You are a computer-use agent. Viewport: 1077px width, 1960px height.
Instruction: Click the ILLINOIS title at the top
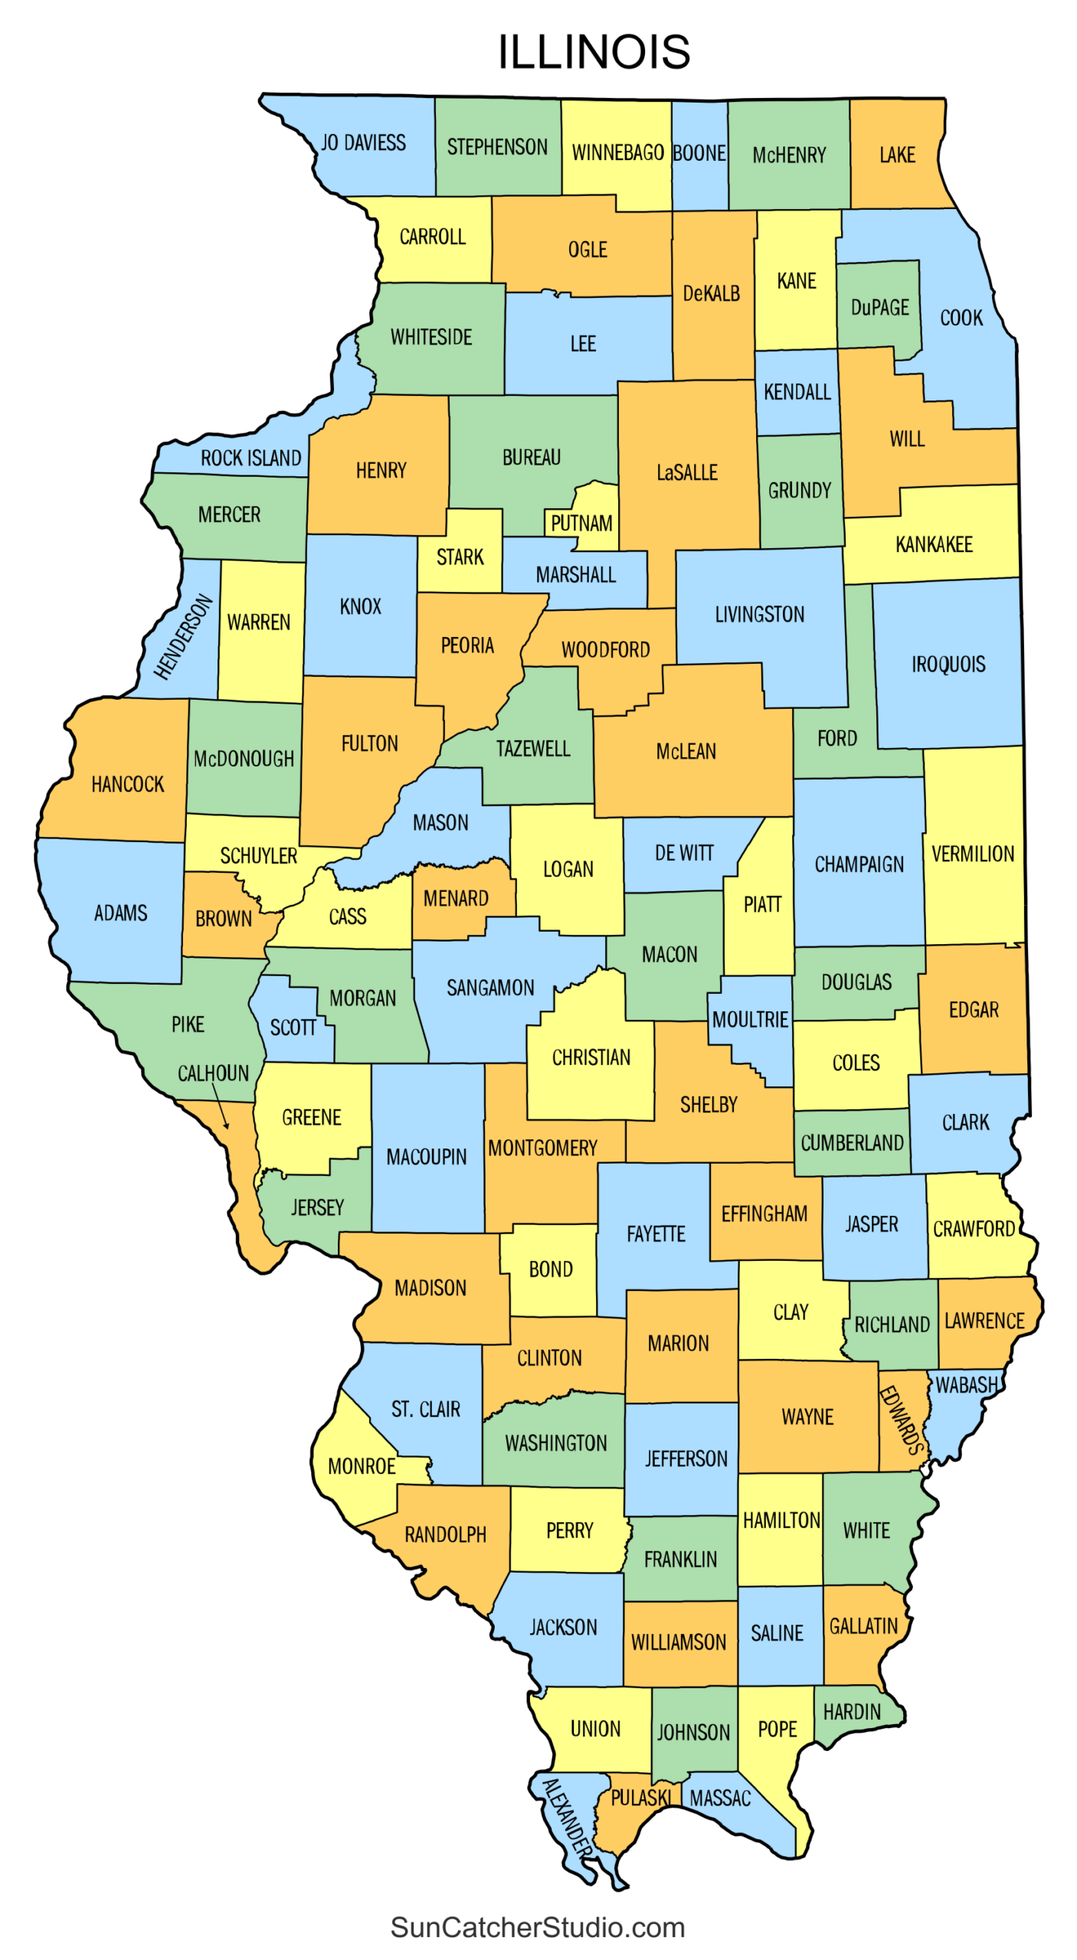594,52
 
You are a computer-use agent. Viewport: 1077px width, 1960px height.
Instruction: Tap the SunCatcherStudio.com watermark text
537,1926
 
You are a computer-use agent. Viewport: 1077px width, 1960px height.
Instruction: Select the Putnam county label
581,524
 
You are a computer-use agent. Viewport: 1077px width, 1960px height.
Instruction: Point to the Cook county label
961,318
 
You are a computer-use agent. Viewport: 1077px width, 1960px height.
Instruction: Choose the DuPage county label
879,307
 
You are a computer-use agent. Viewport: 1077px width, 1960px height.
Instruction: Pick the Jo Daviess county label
363,143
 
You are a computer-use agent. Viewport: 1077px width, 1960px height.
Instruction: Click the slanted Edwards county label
902,1419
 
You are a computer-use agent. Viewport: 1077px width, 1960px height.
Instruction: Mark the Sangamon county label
490,988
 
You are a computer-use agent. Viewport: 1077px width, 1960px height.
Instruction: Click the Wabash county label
967,1385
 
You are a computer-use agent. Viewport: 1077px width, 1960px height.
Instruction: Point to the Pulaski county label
640,1797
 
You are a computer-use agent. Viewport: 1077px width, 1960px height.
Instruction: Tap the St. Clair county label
425,1409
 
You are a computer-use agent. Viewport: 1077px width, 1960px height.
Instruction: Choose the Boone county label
699,153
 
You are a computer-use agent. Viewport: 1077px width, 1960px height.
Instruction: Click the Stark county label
460,557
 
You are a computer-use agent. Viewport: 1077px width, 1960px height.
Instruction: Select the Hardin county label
852,1711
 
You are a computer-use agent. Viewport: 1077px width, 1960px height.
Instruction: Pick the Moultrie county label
749,1019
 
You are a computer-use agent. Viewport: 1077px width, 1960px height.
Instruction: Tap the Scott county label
293,1027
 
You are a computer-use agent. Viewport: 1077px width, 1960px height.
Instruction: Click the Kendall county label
797,392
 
